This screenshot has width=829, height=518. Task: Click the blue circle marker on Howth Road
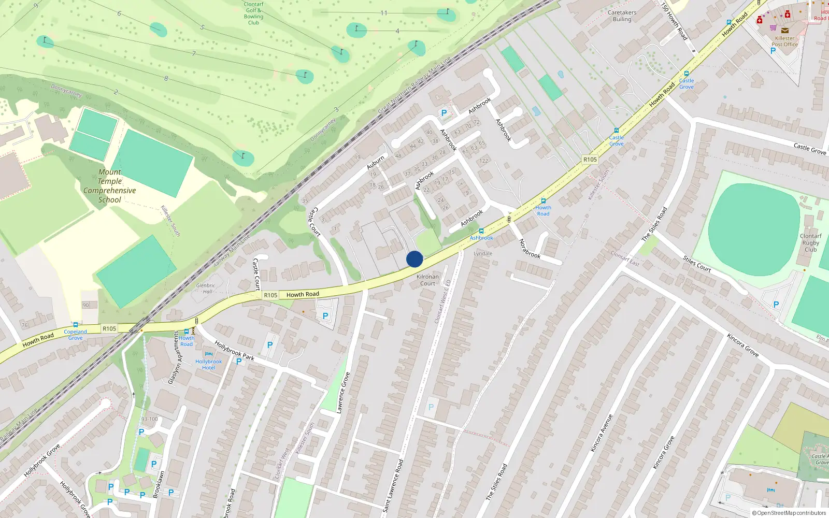pyautogui.click(x=414, y=259)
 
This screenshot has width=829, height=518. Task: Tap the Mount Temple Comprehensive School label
pyautogui.click(x=110, y=186)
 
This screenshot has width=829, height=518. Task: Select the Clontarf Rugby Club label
pyautogui.click(x=811, y=242)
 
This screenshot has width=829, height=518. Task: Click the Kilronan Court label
pyautogui.click(x=427, y=280)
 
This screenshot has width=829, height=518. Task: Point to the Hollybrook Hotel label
pyautogui.click(x=208, y=365)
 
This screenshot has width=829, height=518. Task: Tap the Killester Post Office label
pyautogui.click(x=784, y=41)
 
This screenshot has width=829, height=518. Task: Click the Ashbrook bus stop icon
pyautogui.click(x=481, y=231)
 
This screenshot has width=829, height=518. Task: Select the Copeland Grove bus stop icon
pyautogui.click(x=76, y=325)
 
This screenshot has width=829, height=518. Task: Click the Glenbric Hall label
pyautogui.click(x=206, y=289)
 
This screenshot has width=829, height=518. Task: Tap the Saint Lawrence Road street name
pyautogui.click(x=393, y=486)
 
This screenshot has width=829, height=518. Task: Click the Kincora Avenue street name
pyautogui.click(x=602, y=433)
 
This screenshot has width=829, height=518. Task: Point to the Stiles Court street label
pyautogui.click(x=696, y=264)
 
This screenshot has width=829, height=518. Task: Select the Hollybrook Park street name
pyautogui.click(x=234, y=351)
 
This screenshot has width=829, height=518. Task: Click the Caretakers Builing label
pyautogui.click(x=622, y=16)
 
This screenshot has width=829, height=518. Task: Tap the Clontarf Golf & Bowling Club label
pyautogui.click(x=253, y=13)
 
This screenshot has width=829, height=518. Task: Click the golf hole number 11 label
pyautogui.click(x=384, y=13)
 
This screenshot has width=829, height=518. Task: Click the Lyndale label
pyautogui.click(x=483, y=254)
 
